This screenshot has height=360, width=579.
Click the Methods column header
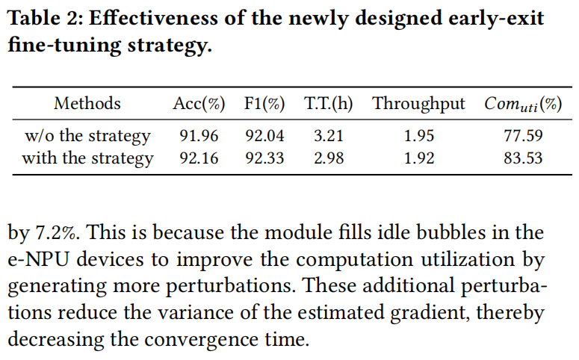point(87,104)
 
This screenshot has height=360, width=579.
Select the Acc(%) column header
point(199,104)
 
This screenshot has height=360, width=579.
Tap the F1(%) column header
point(264,104)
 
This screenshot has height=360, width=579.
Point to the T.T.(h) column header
point(329,104)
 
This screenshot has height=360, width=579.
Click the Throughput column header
point(418,104)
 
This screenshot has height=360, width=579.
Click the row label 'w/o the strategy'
point(87,136)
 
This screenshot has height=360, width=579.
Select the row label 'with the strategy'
point(87,158)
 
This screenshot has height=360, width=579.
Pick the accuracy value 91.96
point(199,136)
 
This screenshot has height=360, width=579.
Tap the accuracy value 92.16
point(199,158)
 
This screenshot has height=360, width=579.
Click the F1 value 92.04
point(264,136)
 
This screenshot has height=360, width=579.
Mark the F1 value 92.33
point(264,158)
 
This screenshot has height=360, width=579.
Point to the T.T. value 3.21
point(329,136)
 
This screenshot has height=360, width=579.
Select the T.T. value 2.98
point(329,158)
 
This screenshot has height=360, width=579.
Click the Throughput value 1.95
point(418,136)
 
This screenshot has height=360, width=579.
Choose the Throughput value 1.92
point(418,158)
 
